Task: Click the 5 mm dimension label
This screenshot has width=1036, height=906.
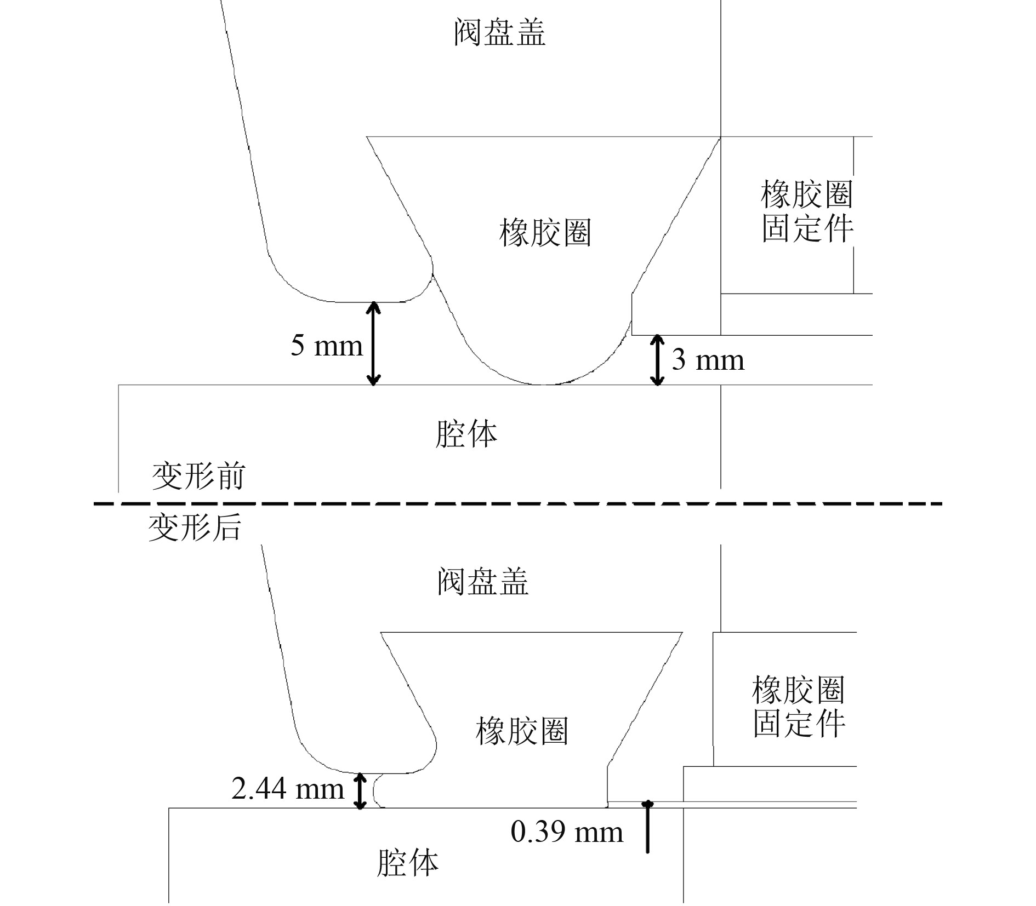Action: click(327, 346)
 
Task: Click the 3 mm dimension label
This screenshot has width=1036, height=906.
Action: click(708, 360)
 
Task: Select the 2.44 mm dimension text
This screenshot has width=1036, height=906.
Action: click(288, 789)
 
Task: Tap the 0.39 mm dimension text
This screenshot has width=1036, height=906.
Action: click(567, 832)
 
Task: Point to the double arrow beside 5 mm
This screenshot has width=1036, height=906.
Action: click(373, 343)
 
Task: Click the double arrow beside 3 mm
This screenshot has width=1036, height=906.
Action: click(657, 360)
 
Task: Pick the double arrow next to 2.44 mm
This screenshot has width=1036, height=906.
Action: click(360, 790)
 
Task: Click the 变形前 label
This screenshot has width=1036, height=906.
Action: click(198, 476)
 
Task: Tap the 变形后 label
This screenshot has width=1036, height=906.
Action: click(195, 528)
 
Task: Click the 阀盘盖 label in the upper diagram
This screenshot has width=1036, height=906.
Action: click(500, 32)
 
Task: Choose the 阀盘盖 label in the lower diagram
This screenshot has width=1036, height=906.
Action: click(483, 582)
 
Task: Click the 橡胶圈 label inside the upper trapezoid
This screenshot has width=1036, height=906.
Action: click(545, 232)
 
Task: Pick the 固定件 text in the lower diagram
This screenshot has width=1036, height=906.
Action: click(799, 724)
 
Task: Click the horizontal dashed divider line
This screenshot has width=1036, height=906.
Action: click(518, 503)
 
